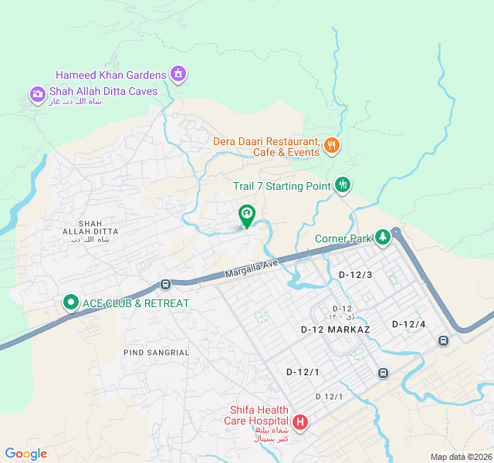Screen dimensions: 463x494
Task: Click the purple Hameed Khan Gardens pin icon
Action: tap(179, 74)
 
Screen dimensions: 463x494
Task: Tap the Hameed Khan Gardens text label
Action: tap(111, 75)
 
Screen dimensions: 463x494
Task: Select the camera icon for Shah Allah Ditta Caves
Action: tap(38, 94)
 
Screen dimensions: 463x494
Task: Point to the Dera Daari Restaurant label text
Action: tap(267, 147)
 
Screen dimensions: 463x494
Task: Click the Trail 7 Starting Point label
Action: tap(282, 186)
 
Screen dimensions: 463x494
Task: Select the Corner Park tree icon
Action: tap(382, 238)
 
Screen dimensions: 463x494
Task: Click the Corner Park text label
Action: tap(343, 238)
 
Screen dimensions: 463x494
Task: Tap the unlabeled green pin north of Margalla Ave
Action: tap(246, 214)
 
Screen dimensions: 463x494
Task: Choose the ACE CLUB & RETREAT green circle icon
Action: tap(70, 302)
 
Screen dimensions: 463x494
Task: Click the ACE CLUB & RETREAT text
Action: tap(136, 303)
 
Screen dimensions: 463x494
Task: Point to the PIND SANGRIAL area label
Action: tap(156, 353)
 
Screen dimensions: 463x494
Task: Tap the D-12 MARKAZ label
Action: tap(335, 330)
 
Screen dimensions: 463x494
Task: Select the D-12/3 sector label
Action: tap(356, 275)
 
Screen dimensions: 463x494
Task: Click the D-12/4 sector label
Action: tap(408, 324)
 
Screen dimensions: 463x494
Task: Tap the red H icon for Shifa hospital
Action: tap(299, 423)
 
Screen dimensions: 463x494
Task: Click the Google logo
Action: tap(26, 454)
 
